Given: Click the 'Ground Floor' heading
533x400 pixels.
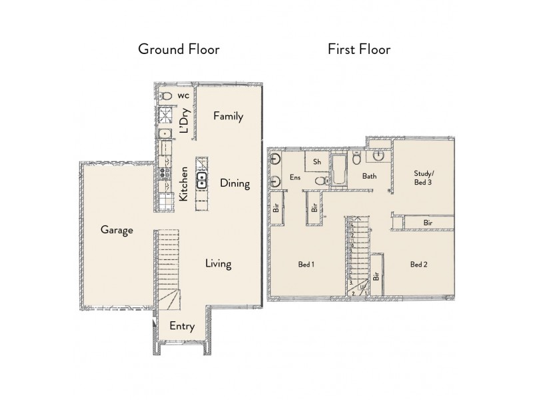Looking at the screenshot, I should click(178, 49).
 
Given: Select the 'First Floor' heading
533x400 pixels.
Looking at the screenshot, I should click(358, 49).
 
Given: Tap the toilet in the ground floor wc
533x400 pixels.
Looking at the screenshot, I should click(167, 97).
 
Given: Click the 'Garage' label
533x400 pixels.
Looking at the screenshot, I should click(117, 230).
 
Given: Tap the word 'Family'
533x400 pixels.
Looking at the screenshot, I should click(228, 116).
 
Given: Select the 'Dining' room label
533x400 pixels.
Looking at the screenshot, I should click(235, 183).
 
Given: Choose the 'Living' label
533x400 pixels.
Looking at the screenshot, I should click(218, 264).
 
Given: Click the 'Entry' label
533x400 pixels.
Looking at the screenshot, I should click(182, 326).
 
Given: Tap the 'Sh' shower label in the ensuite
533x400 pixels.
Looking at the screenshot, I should click(317, 162).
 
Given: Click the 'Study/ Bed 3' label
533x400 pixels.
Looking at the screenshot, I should click(420, 177).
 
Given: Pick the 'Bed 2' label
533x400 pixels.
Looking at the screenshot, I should click(418, 265).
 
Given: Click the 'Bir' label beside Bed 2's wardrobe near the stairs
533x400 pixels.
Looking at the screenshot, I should click(376, 275).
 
